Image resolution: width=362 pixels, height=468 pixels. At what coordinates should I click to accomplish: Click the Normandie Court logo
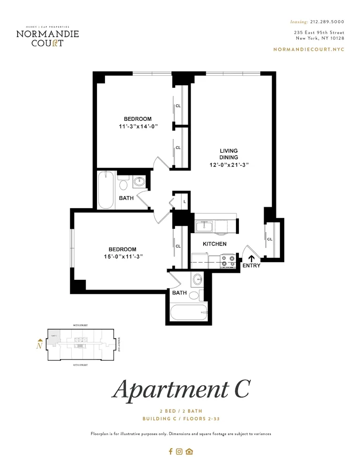tap(47, 36)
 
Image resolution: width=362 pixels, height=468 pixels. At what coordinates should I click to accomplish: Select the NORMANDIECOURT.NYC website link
tap(308, 49)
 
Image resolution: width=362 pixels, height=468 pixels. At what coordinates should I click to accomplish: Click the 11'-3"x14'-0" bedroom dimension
tap(138, 126)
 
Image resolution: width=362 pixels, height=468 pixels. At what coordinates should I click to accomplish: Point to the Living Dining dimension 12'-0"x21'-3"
tap(229, 164)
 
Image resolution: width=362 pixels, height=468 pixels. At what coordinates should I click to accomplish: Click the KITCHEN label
tap(214, 244)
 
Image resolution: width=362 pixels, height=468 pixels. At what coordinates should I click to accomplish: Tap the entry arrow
tap(251, 258)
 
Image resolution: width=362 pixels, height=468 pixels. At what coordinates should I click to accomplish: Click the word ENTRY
tap(251, 266)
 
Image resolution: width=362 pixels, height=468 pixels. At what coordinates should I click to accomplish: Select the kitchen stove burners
tap(228, 261)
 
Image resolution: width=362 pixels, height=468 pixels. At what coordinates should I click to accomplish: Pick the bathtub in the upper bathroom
tap(106, 190)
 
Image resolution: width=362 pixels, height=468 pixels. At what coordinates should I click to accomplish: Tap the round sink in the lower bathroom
tap(197, 280)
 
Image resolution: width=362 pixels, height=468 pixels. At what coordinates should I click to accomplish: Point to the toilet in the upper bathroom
tap(124, 183)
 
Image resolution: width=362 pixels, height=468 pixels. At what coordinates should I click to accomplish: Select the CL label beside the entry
tap(270, 239)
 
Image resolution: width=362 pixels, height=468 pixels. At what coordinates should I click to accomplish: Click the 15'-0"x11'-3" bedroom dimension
tap(122, 256)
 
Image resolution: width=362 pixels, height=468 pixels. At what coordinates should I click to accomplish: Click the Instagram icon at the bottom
tap(179, 452)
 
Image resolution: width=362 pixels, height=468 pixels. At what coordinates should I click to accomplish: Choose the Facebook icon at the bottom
tap(170, 452)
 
